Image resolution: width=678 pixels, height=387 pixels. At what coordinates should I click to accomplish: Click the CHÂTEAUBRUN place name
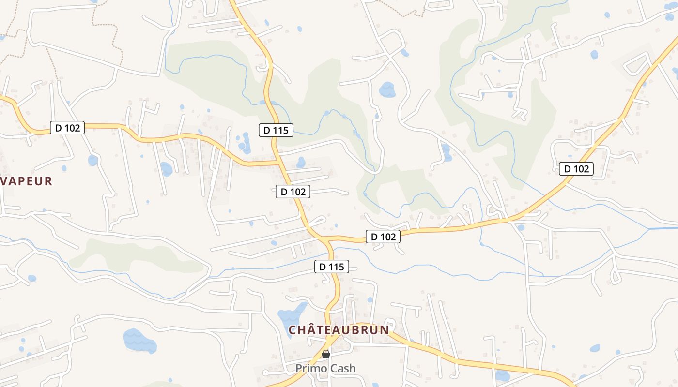[x=339, y=330]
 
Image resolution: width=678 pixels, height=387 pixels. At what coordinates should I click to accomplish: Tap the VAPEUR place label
[x=26, y=181]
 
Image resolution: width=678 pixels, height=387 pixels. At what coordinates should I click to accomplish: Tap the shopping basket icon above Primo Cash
[x=326, y=354]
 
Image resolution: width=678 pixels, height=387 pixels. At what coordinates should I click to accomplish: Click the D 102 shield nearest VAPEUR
[x=67, y=128]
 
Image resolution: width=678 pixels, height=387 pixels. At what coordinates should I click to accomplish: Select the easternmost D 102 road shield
[x=576, y=169]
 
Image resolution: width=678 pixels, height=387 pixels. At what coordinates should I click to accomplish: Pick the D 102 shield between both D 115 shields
[x=293, y=192]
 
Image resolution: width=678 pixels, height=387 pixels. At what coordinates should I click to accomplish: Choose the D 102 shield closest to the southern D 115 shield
[x=383, y=237]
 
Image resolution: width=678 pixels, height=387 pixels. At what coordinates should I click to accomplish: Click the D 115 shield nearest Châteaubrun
[x=332, y=267]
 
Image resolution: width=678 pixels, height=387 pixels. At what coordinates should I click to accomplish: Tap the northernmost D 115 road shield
[x=276, y=130]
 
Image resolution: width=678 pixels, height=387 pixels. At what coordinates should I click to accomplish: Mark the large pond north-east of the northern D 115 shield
[x=387, y=89]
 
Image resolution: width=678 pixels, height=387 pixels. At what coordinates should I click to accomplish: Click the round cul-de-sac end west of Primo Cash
[x=265, y=373]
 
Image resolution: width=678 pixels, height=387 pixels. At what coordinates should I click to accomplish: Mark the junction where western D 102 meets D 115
[x=279, y=162]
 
